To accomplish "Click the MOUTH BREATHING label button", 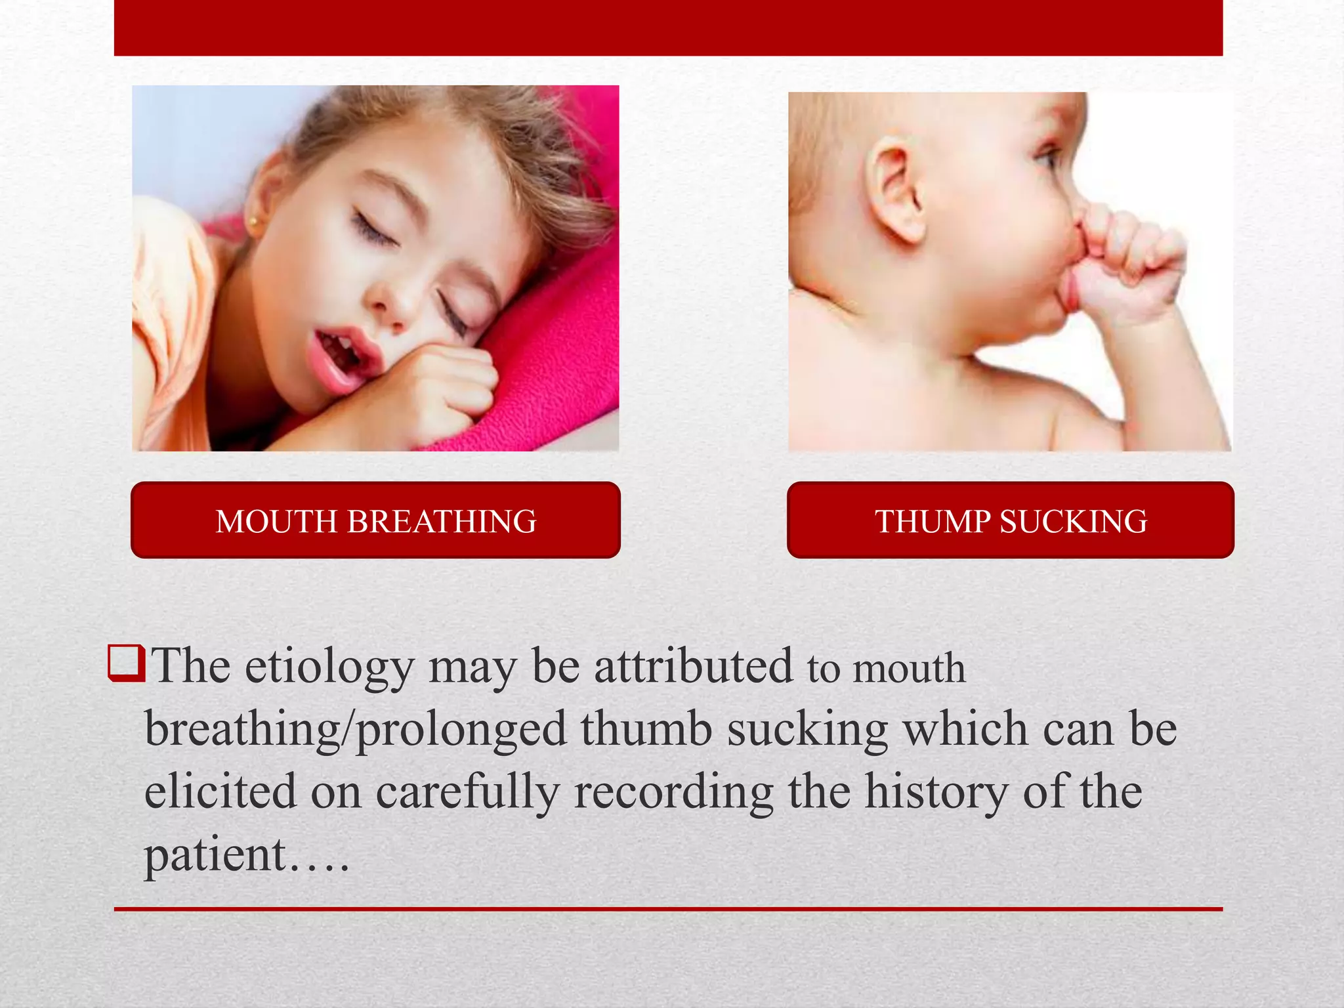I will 375,520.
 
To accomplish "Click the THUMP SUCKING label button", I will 1011,520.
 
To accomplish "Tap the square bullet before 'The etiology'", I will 125,663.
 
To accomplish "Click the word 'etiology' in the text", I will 329,667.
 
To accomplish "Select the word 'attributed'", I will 694,666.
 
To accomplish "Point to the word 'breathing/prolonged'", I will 355,729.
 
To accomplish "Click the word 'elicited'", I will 220,791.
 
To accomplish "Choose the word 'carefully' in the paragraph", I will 467,793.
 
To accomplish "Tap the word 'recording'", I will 674,793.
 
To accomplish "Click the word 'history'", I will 936,793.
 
